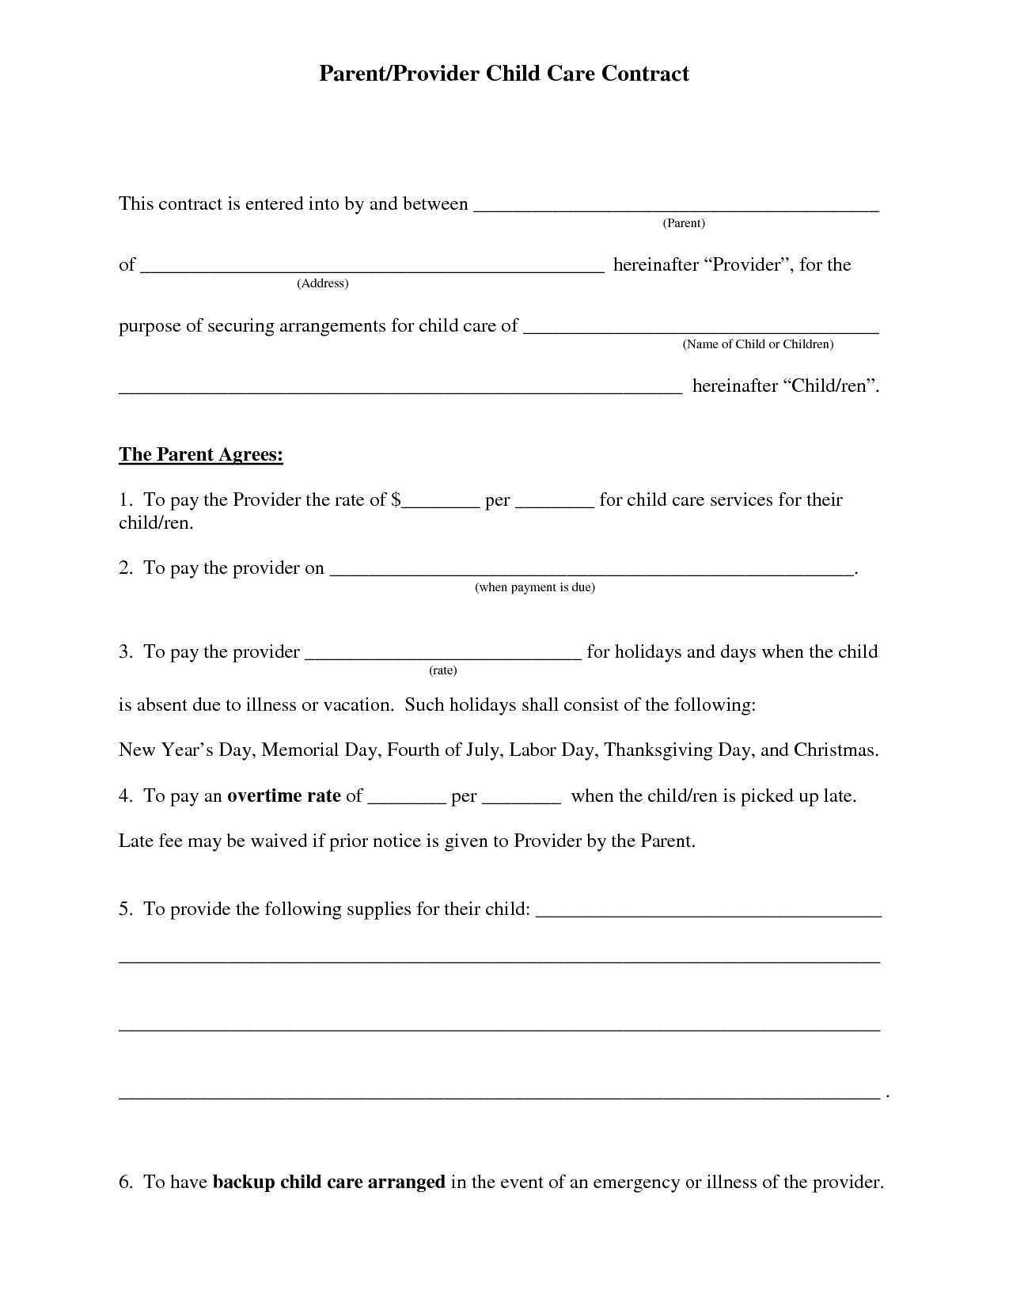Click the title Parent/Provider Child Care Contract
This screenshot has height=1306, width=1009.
tap(504, 74)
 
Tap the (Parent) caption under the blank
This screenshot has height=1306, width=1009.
tap(683, 223)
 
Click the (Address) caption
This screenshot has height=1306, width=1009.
tap(323, 283)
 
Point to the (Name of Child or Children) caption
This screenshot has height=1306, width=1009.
tap(758, 344)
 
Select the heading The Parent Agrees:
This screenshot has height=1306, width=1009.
tap(201, 455)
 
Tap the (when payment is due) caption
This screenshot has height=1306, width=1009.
tap(535, 587)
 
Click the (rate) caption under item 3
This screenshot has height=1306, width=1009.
tap(443, 670)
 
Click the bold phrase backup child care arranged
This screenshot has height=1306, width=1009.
tap(329, 1183)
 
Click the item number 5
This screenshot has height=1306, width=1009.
tap(125, 909)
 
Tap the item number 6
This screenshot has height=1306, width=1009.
tap(125, 1183)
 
